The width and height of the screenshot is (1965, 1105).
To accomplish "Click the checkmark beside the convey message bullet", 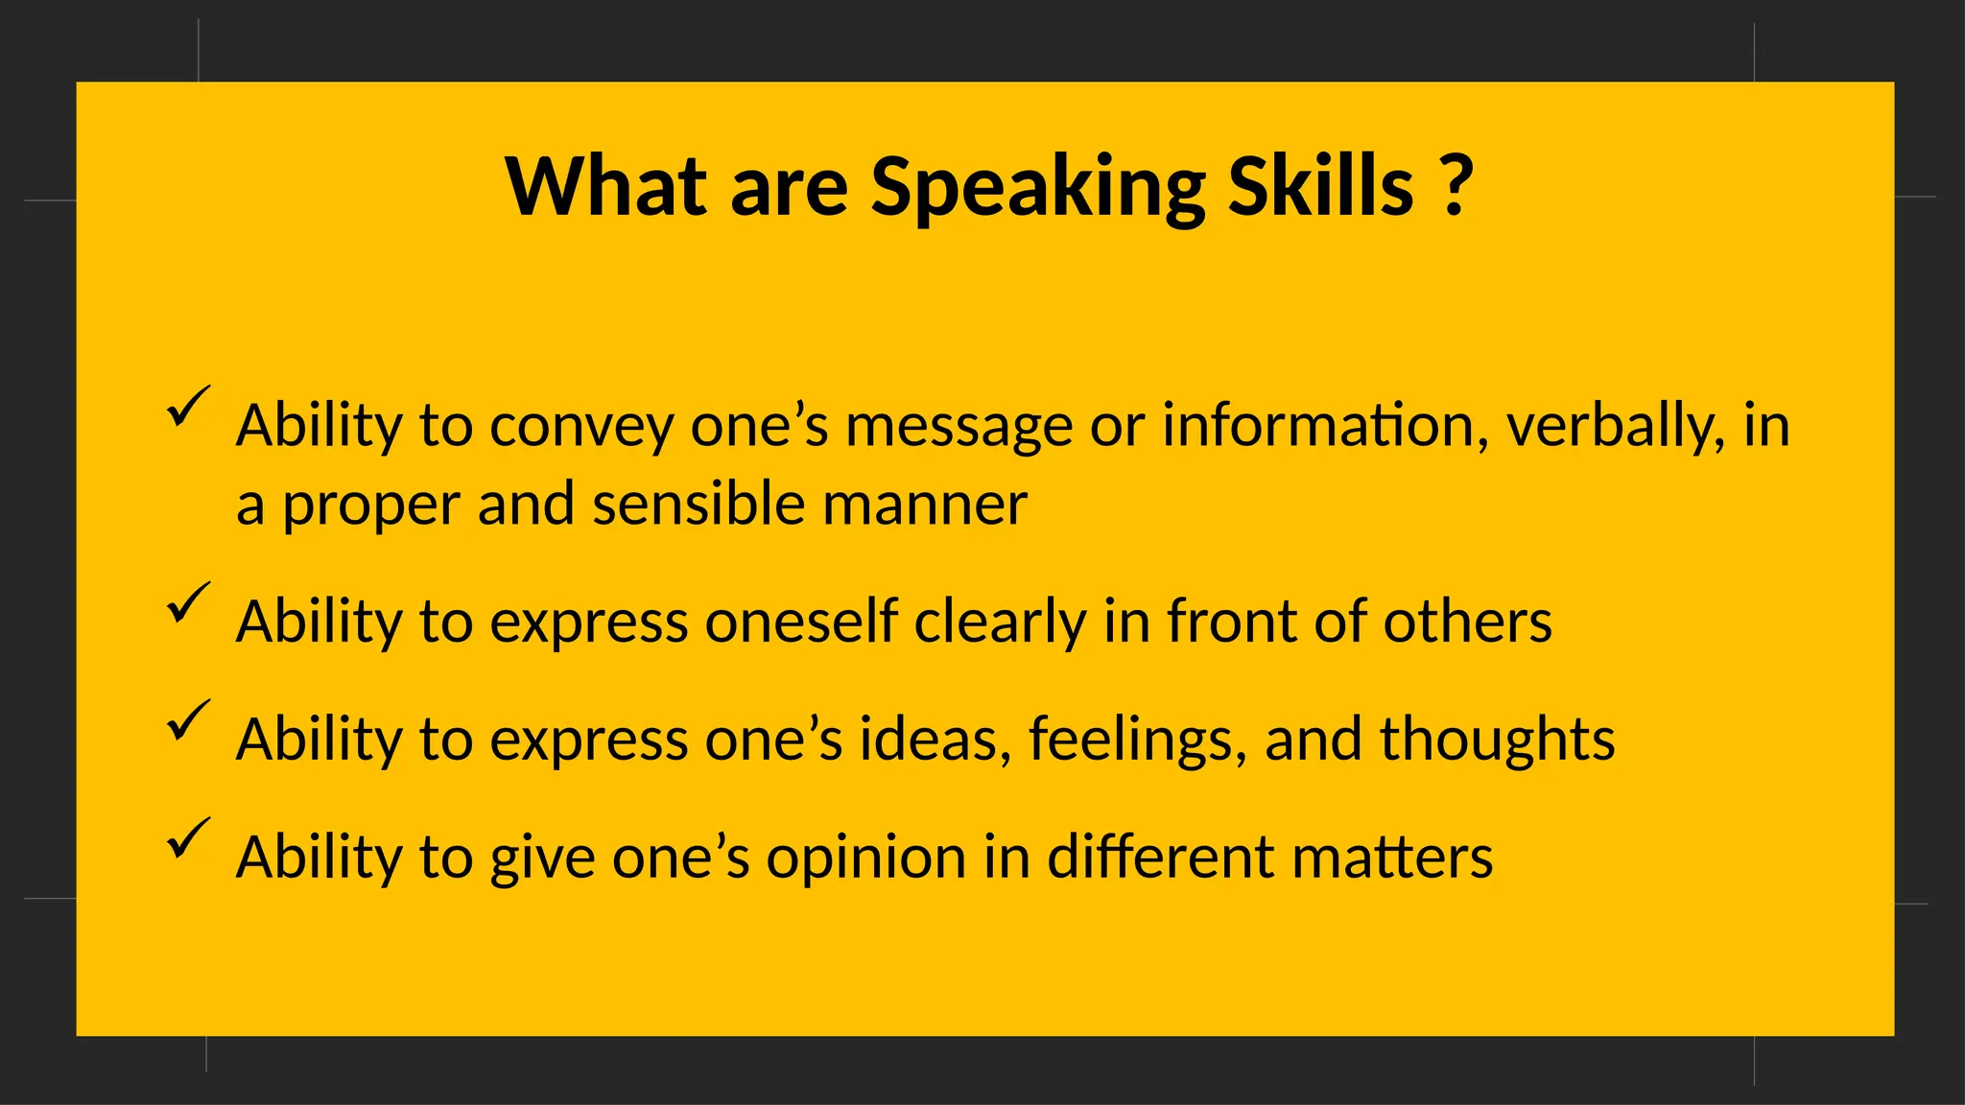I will click(187, 407).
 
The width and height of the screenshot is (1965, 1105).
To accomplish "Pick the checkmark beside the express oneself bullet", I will click(187, 602).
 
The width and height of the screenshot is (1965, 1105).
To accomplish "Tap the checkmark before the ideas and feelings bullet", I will click(187, 720).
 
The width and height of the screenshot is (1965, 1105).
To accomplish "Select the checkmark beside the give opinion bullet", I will click(187, 838).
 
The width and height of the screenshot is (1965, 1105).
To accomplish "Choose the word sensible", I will click(698, 505).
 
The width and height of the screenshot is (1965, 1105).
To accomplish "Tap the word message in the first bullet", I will click(959, 428).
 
